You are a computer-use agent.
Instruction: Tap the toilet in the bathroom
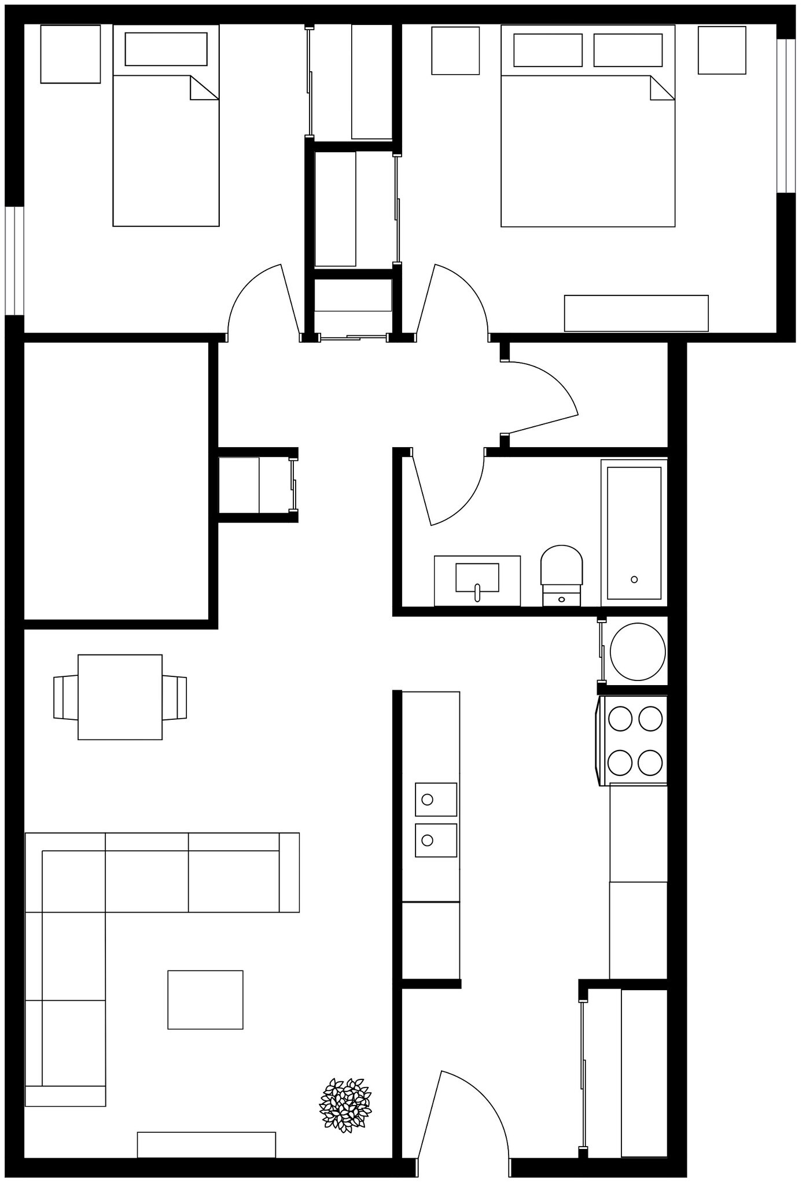pos(561,571)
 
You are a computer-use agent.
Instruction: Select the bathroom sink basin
pos(477,578)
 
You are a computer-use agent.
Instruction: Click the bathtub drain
pos(634,579)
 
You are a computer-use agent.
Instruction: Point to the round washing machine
pos(638,651)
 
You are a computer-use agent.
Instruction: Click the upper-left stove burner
pos(621,719)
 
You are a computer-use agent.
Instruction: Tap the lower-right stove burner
pos(650,762)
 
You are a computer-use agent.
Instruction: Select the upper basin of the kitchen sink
pos(436,799)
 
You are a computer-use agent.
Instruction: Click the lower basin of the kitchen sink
pos(436,840)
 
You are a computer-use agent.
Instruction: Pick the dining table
pos(120,697)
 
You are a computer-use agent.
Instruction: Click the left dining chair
pos(65,697)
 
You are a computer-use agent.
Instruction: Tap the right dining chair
pos(175,697)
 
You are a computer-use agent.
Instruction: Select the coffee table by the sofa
pos(205,1000)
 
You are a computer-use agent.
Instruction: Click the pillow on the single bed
pos(166,49)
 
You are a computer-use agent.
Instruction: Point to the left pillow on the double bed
pos(547,50)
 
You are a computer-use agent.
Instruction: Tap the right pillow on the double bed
pos(628,50)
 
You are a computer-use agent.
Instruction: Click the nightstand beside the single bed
pos(70,54)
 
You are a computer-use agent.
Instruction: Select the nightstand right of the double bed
pos(722,50)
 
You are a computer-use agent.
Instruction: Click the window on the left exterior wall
pos(14,261)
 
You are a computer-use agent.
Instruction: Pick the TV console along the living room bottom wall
pos(206,1144)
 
